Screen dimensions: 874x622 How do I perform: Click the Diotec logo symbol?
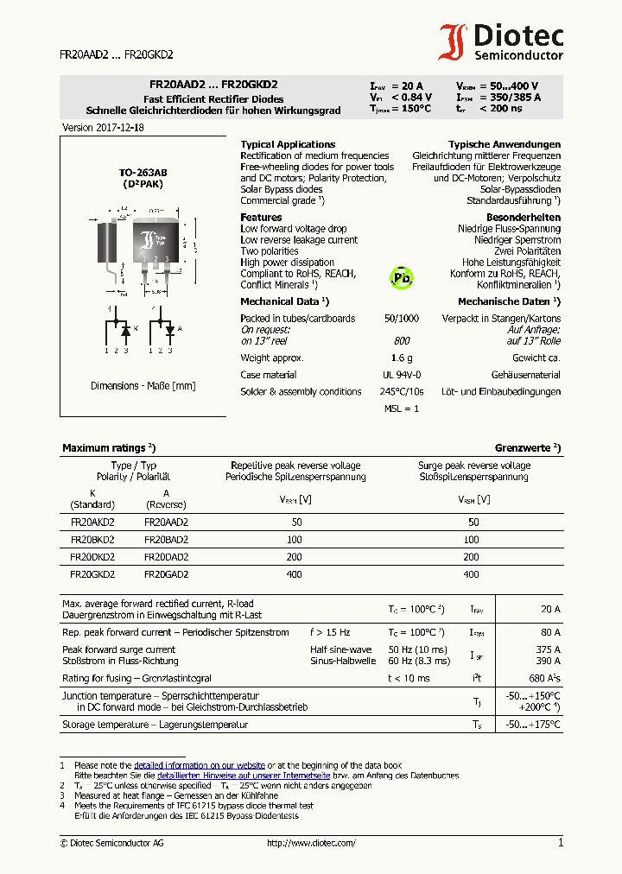[x=454, y=41]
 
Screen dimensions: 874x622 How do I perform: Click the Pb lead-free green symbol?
[x=402, y=277]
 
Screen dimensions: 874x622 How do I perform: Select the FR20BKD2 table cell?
[x=92, y=539]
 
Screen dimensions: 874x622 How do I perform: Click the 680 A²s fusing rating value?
[x=543, y=678]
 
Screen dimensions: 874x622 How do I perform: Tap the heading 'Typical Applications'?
[x=288, y=144]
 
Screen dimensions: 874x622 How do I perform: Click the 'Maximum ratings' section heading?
[x=109, y=448]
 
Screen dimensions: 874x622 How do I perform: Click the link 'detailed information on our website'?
[x=200, y=765]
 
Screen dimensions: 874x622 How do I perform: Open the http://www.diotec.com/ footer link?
[x=311, y=843]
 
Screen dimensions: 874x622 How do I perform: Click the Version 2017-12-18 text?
[x=103, y=127]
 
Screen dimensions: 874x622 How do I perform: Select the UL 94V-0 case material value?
[x=402, y=375]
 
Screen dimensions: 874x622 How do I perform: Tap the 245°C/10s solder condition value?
[x=402, y=391]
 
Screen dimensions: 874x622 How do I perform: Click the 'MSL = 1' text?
[x=402, y=408]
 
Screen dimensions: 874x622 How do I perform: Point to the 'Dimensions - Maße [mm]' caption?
[x=143, y=386]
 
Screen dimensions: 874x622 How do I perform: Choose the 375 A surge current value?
[x=548, y=649]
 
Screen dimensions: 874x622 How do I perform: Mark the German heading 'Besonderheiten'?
[x=524, y=217]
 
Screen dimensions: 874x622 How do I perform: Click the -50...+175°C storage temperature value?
[x=533, y=725]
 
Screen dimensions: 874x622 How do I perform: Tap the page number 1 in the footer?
[x=560, y=842]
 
